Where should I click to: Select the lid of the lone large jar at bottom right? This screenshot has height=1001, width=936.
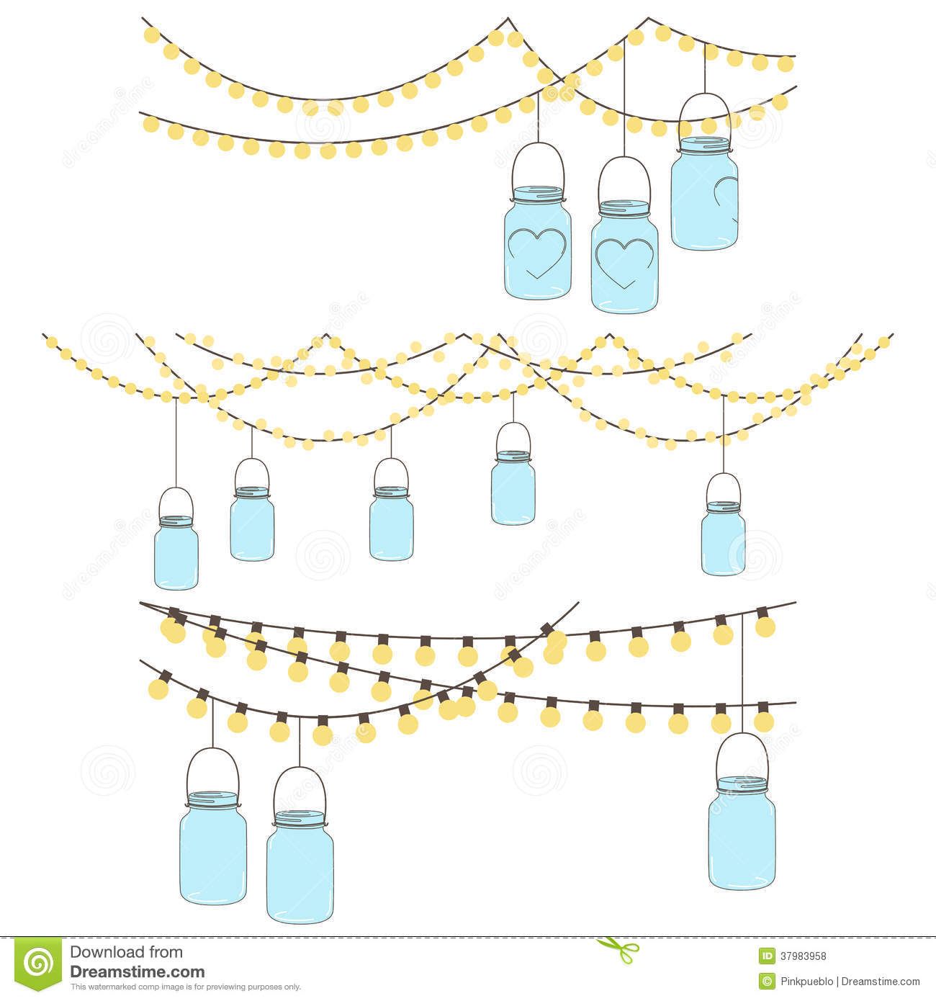tap(742, 783)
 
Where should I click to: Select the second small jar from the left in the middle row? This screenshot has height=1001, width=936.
tap(252, 523)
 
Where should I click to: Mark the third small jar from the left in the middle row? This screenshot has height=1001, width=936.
tap(391, 522)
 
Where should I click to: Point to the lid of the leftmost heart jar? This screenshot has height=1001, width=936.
tap(537, 194)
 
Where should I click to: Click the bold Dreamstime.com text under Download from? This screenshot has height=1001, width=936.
tap(137, 971)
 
